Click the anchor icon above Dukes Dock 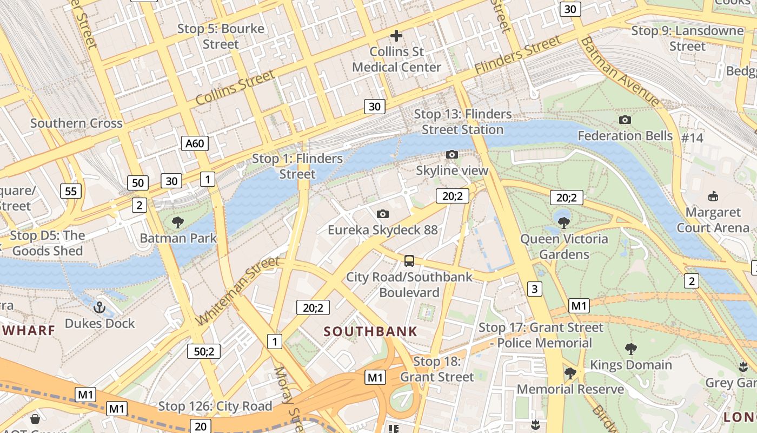coord(99,307)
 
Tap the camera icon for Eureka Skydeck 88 coord(383,214)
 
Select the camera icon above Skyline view coord(452,155)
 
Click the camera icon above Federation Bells coord(625,120)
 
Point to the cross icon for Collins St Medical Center coord(396,36)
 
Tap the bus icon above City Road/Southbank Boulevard coord(409,261)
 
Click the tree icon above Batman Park coord(178,222)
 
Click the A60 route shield coord(195,143)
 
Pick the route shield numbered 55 coord(71,191)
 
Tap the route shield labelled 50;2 coord(204,351)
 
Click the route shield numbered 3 coord(534,289)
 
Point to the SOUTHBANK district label coord(370,331)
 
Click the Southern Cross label coord(76,123)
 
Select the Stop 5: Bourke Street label coord(221,36)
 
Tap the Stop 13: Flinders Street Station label coord(463,122)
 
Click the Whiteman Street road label coord(238,291)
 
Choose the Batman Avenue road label coord(620,71)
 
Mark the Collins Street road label coord(235,88)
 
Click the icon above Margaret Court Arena coord(713,196)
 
